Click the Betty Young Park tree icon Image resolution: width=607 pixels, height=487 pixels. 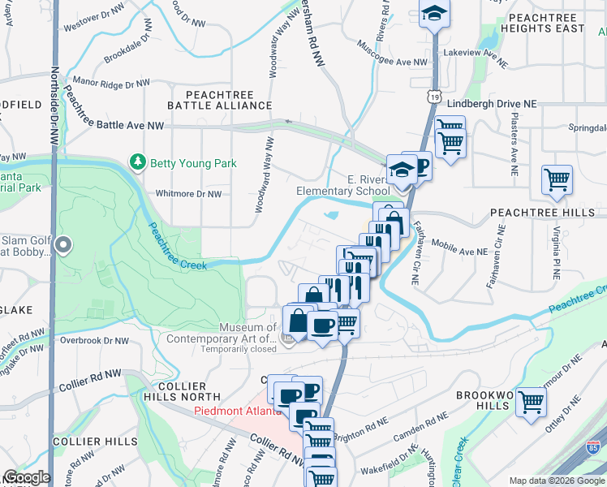tap(138, 162)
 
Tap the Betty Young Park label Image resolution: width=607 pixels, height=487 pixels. tap(193, 163)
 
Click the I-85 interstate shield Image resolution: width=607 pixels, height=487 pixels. tap(594, 446)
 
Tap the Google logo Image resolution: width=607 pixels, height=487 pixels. tap(26, 477)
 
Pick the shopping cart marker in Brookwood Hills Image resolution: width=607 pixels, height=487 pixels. tap(531, 401)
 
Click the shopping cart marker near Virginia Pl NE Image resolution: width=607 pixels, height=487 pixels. tap(557, 179)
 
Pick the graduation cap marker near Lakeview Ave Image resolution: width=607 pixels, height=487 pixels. tap(435, 12)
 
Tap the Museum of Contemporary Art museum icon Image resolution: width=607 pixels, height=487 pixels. tap(287, 337)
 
